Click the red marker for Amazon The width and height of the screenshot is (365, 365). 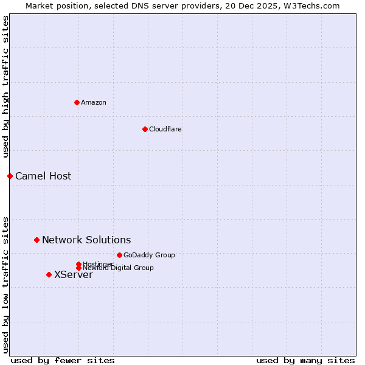coord(77,102)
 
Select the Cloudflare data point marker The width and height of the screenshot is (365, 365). coord(145,129)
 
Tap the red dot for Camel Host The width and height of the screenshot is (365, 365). coord(10,176)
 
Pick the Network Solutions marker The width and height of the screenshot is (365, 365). coord(36,240)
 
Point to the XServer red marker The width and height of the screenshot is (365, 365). coord(49,274)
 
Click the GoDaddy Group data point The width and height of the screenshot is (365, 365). coord(119,255)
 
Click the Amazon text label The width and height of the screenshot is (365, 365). coord(94,102)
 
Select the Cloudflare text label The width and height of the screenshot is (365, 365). coord(165,129)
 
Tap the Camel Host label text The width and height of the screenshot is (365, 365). coord(43,176)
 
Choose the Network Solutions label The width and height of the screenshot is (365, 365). coord(86,240)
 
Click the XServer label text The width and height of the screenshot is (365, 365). coord(74,274)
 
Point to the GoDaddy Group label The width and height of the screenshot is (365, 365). coord(149,255)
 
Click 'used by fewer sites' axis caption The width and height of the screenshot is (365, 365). coord(63,360)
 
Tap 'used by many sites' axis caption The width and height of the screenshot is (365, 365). coord(305,360)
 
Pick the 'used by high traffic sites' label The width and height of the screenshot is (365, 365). coord(6,86)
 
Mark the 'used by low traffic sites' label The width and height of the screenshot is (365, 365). coord(6,283)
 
